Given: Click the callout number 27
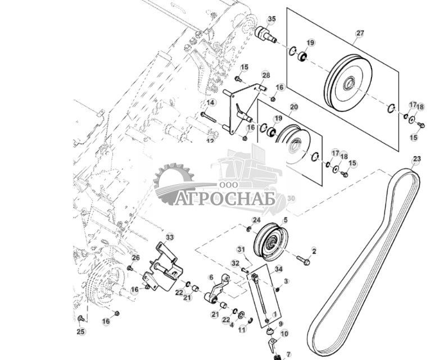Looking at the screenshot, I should click(360, 33).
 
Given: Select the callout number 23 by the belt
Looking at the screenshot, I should click(416, 159).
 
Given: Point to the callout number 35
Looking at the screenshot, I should click(272, 19).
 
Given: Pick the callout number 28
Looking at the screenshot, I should click(266, 75).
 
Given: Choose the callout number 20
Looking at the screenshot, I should click(294, 106).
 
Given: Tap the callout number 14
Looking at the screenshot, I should click(210, 103).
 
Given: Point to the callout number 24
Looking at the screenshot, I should click(256, 220).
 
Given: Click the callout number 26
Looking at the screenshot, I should click(135, 258).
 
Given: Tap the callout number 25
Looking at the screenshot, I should click(81, 332).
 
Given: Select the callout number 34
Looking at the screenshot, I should click(278, 269).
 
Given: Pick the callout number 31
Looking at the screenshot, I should click(241, 249).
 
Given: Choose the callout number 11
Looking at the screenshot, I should click(242, 330).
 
